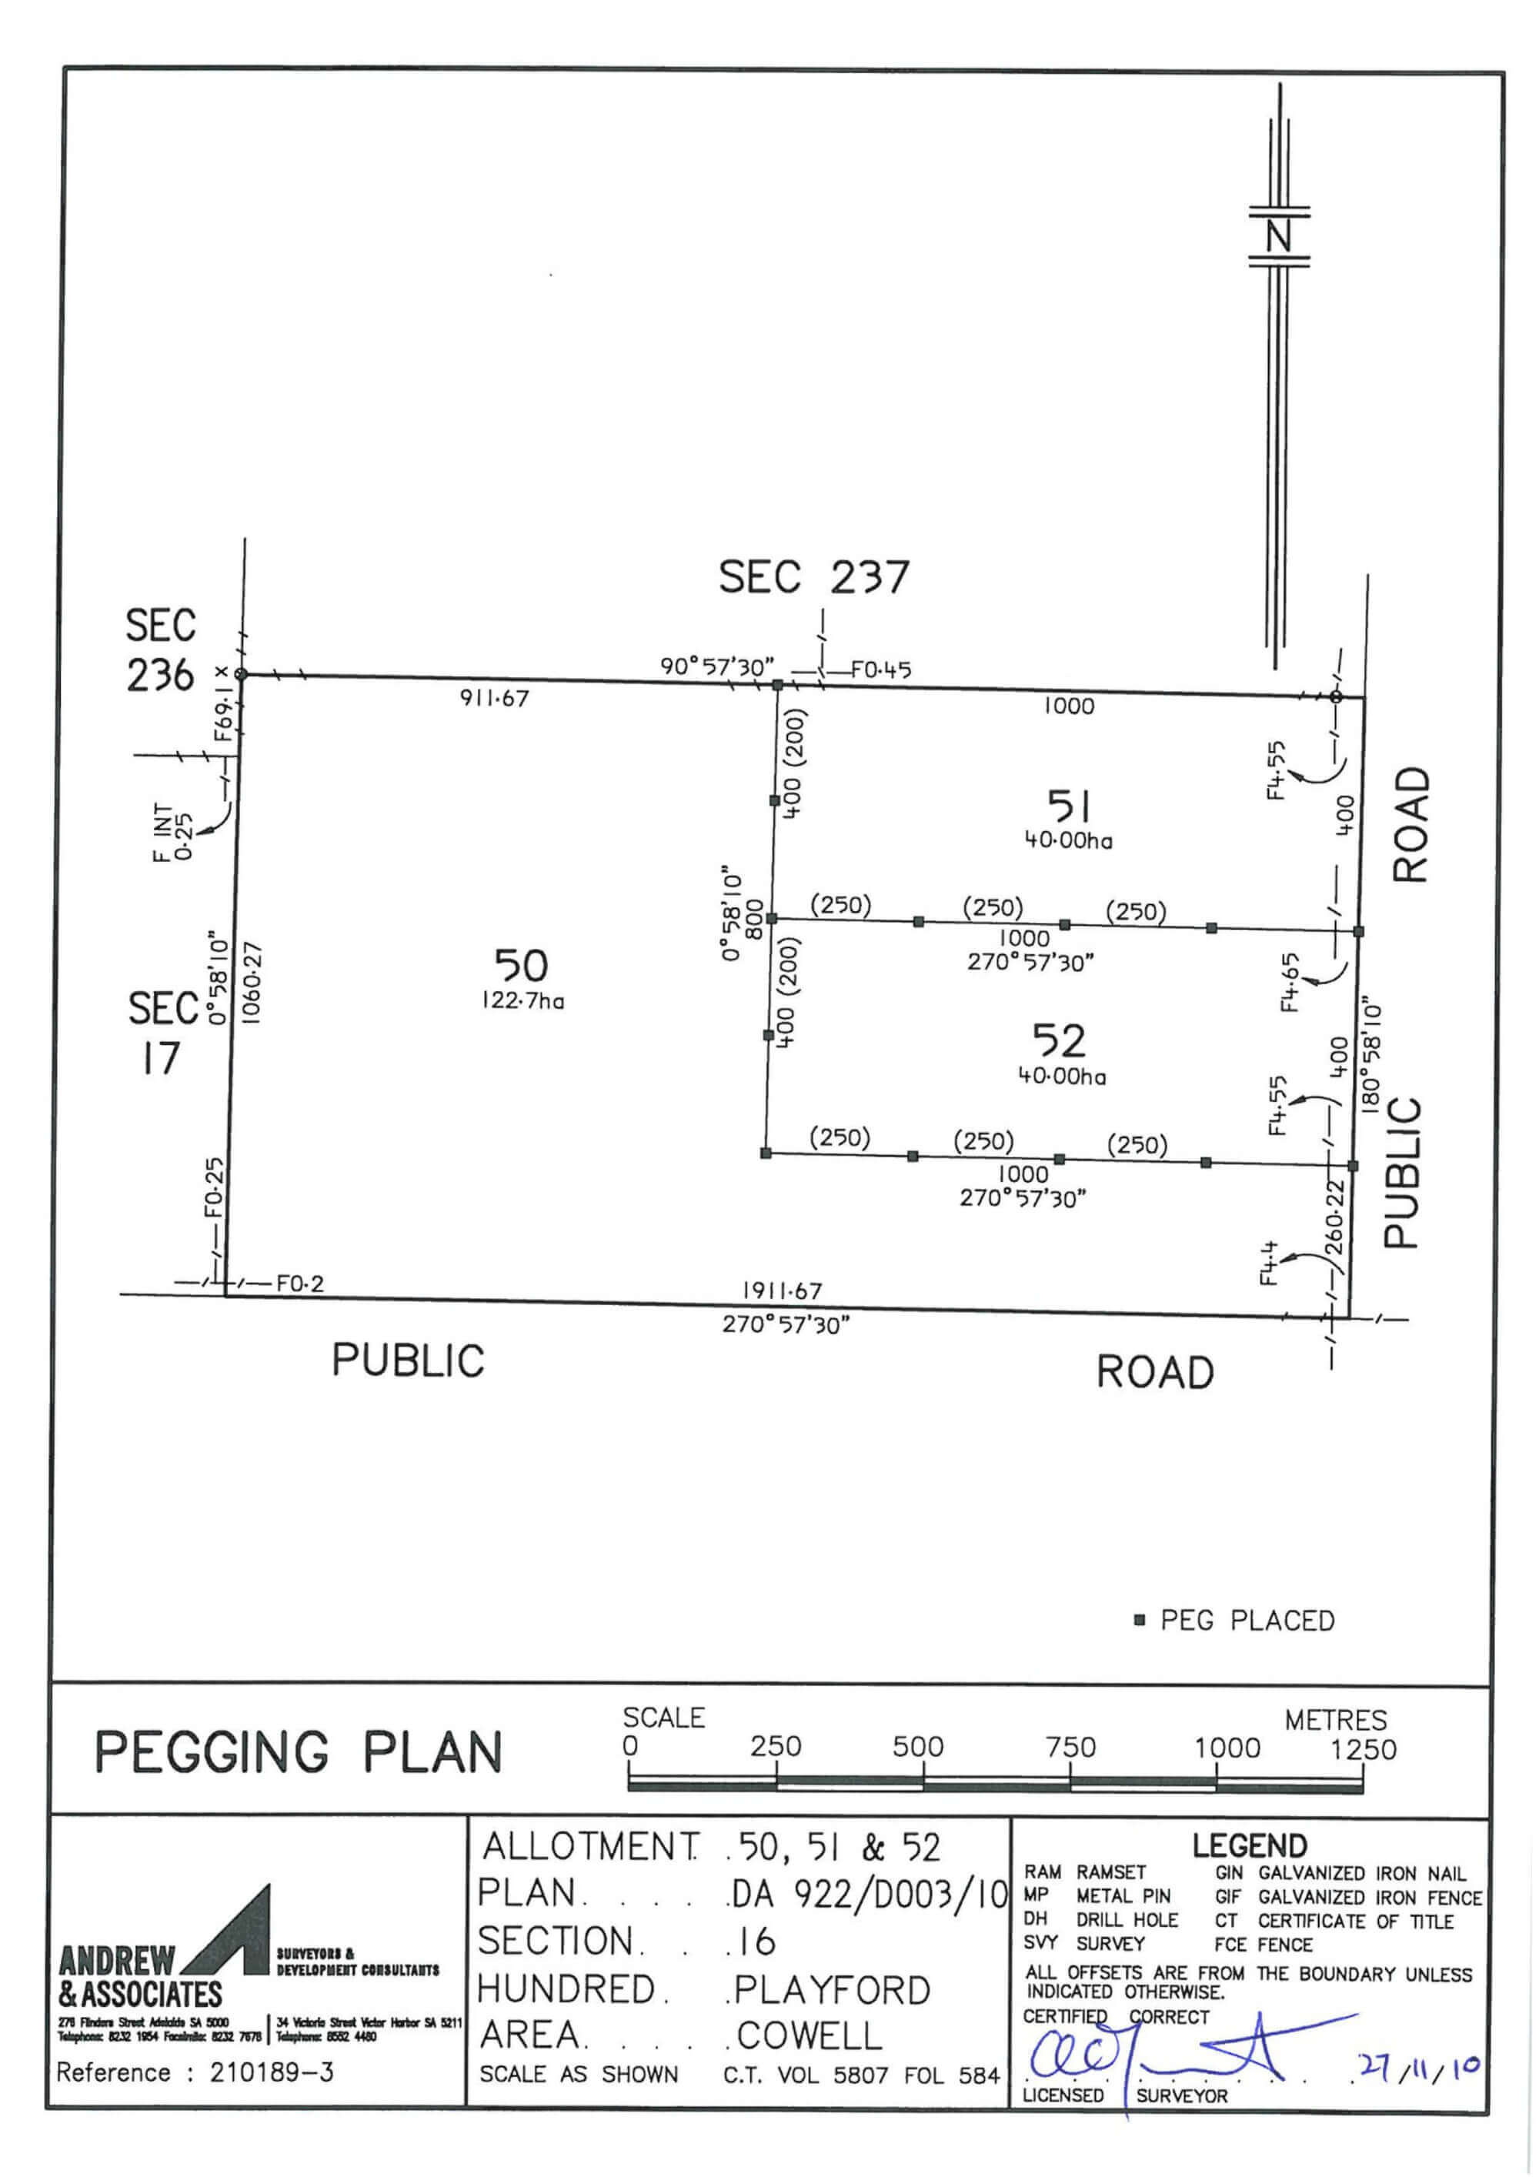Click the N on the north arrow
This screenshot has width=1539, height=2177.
click(1279, 236)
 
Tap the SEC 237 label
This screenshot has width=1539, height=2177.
click(813, 577)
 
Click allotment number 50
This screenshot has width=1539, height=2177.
click(521, 967)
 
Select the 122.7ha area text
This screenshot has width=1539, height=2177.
click(522, 1001)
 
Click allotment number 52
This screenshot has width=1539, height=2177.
click(1059, 1041)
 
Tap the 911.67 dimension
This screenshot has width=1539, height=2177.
click(494, 699)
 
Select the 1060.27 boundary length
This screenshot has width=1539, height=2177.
click(252, 982)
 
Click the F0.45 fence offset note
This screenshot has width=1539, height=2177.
click(881, 670)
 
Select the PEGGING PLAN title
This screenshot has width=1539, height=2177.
click(298, 1752)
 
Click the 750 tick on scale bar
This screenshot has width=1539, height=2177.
click(1070, 1748)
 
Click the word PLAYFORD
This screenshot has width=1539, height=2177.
click(833, 1989)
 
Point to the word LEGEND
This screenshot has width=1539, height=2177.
click(1249, 1845)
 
